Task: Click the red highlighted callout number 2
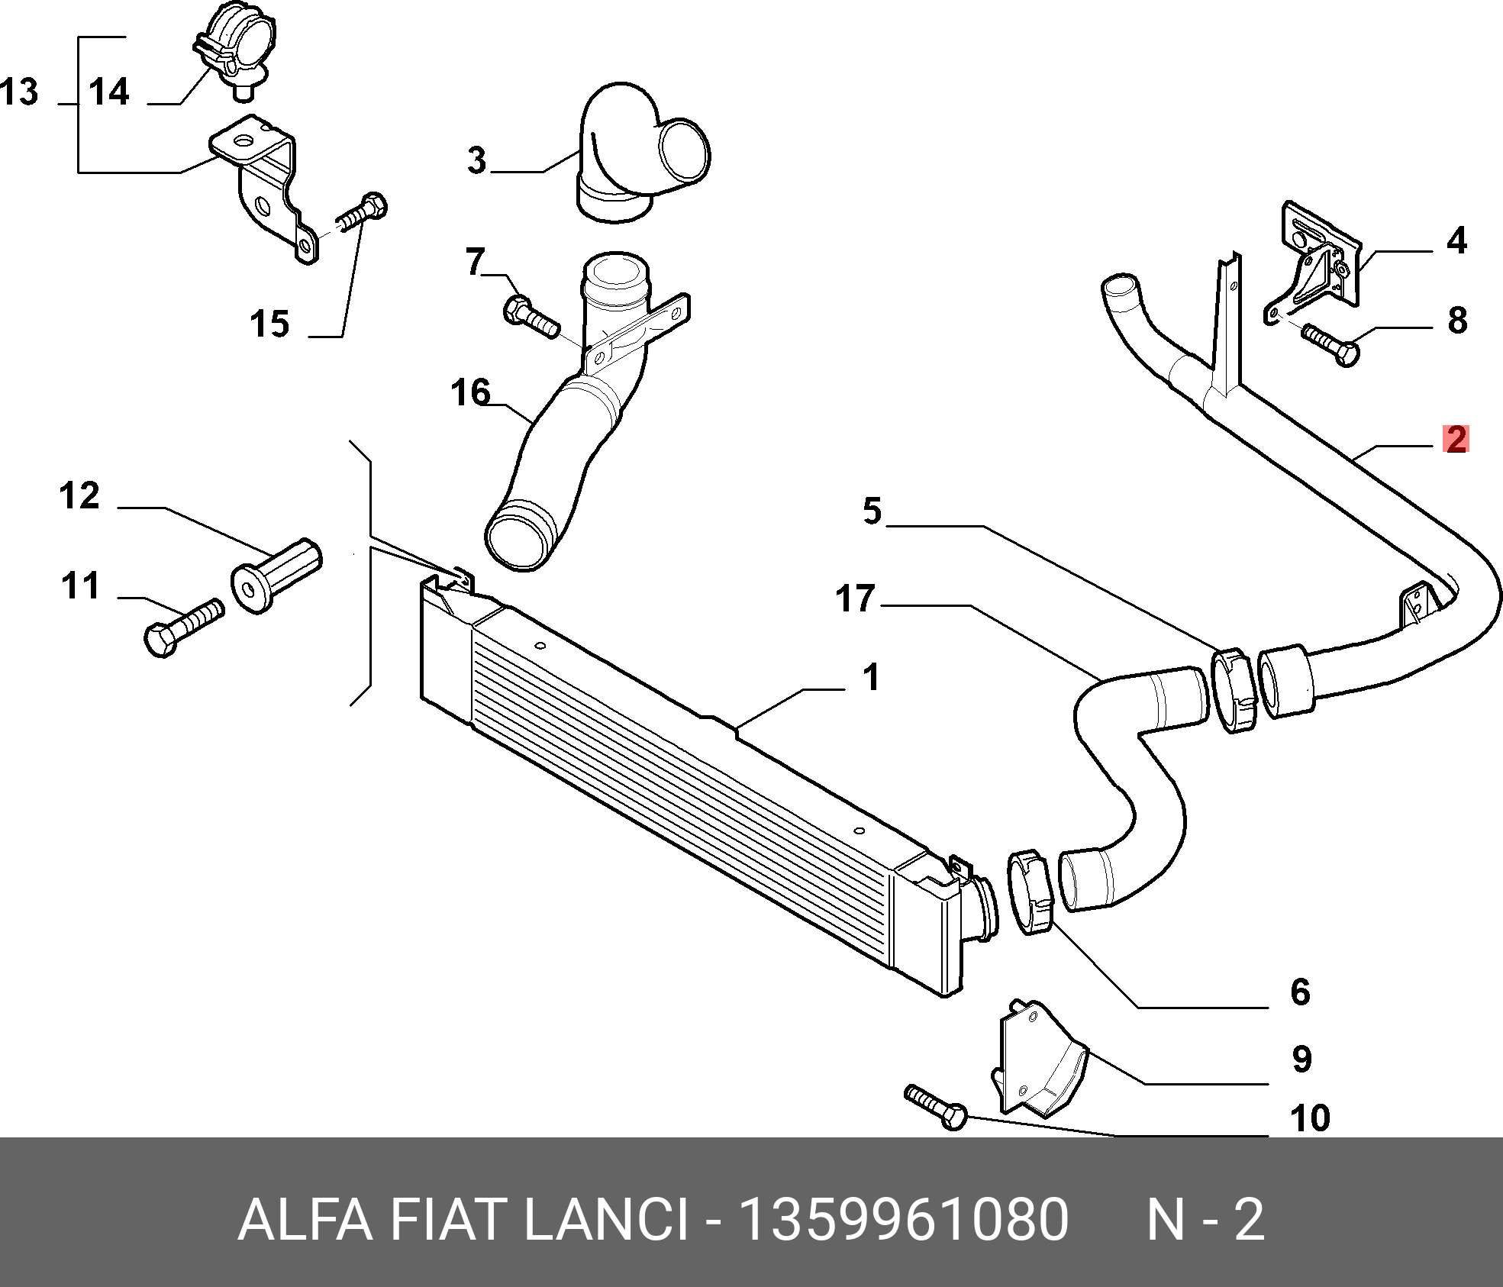pyautogui.click(x=1456, y=439)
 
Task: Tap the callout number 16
pyautogui.click(x=470, y=392)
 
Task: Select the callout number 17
pyautogui.click(x=854, y=598)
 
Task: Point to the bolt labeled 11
pyautogui.click(x=183, y=627)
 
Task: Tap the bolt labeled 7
pyautogui.click(x=531, y=317)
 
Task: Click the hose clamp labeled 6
pyautogui.click(x=1030, y=893)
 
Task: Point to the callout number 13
pyautogui.click(x=20, y=92)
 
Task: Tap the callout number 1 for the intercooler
pyautogui.click(x=870, y=677)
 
